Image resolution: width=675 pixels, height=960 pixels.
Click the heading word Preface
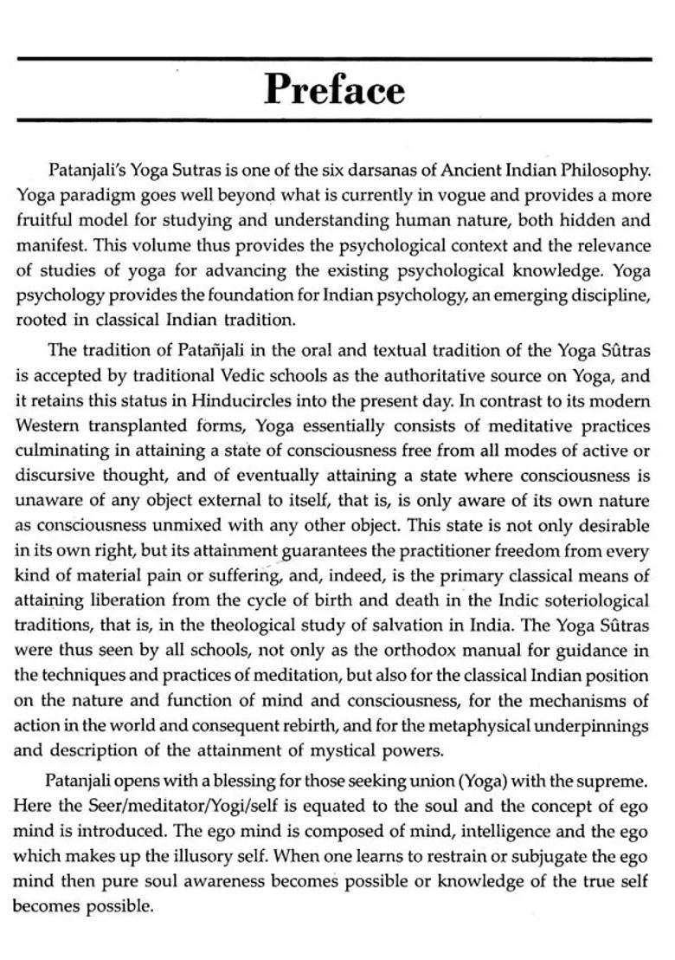point(334,89)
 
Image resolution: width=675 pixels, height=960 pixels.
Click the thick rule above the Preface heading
point(334,59)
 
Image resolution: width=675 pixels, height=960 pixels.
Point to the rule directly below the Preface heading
point(334,120)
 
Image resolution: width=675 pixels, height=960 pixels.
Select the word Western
point(46,426)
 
